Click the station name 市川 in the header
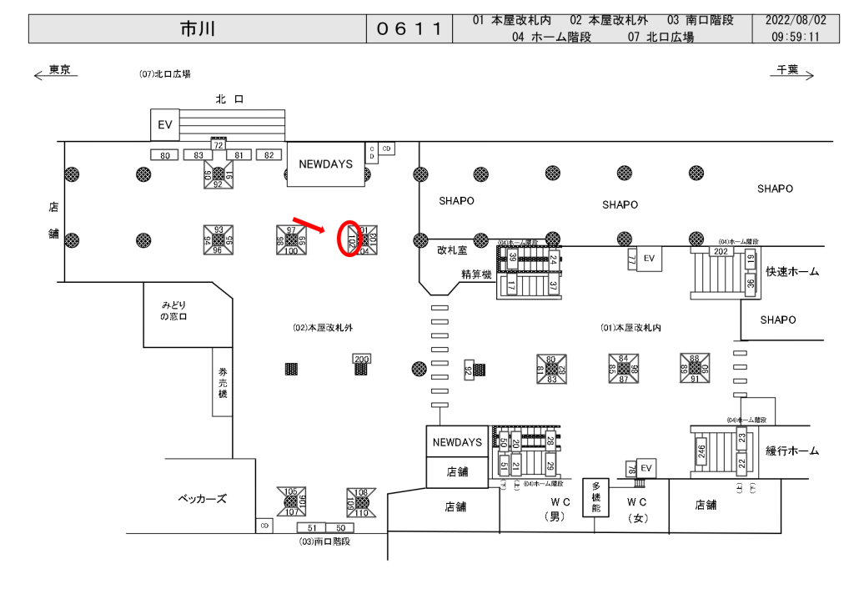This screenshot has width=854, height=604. click(198, 28)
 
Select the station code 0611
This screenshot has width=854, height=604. click(409, 29)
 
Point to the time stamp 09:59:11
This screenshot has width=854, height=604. click(795, 37)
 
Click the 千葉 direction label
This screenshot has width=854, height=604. click(788, 70)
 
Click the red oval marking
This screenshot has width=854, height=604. click(349, 239)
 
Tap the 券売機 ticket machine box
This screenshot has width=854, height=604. click(223, 381)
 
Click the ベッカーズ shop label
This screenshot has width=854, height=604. click(202, 499)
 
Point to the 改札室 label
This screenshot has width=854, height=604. click(452, 249)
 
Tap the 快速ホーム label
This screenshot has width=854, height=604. click(791, 272)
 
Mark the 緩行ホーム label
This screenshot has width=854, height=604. click(791, 451)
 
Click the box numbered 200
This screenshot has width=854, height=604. click(361, 359)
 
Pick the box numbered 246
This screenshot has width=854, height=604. click(701, 451)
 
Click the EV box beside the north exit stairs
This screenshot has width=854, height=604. click(164, 125)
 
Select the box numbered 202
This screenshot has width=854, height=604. click(721, 250)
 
